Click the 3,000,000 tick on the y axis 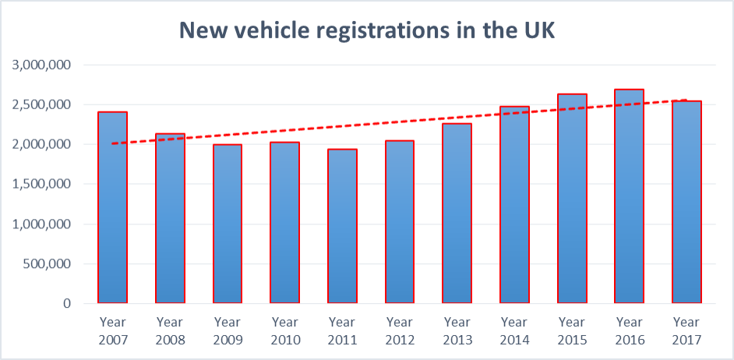coord(42,65)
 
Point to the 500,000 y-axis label coord(48,263)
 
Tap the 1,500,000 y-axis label coord(42,184)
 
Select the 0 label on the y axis coord(68,303)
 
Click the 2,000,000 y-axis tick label coord(42,144)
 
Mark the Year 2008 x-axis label coord(170,330)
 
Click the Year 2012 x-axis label coord(399,330)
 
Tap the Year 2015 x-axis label coord(571,330)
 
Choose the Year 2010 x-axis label coord(284,330)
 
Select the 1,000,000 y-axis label coord(42,224)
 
